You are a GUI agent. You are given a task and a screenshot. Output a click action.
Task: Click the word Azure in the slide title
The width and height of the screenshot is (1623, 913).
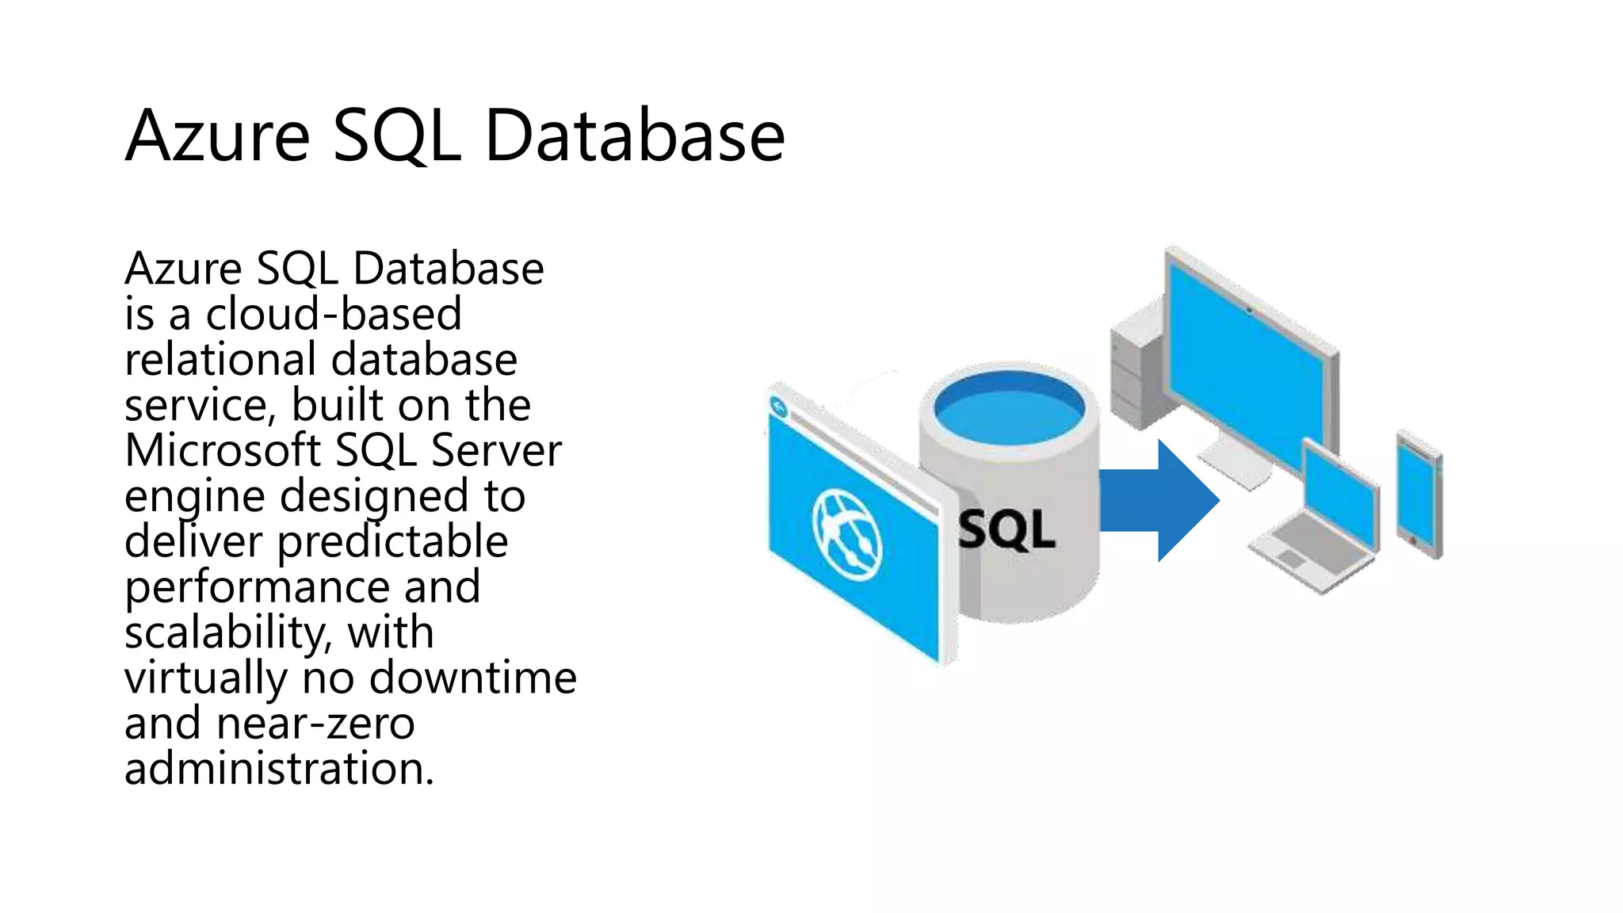[x=216, y=136]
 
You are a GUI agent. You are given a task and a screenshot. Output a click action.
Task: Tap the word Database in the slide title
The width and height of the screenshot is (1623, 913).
[x=634, y=136]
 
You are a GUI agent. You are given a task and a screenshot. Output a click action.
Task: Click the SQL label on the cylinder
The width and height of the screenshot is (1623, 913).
[x=1006, y=529]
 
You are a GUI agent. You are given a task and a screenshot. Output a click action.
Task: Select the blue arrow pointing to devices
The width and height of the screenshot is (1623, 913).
[x=1157, y=500]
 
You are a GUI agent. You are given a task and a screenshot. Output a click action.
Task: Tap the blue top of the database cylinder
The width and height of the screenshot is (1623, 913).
[x=1008, y=409]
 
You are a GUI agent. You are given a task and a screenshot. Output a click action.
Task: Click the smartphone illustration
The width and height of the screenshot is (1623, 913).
[x=1418, y=495]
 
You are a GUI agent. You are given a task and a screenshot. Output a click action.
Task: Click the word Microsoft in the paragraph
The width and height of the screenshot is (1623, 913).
[x=223, y=450]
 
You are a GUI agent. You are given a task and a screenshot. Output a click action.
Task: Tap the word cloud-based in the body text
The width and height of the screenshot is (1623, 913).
[x=334, y=314]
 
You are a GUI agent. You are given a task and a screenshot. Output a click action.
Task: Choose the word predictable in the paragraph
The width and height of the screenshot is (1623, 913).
[x=392, y=542]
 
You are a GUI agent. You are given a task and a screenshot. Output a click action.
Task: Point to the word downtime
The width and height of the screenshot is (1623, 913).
[x=472, y=678]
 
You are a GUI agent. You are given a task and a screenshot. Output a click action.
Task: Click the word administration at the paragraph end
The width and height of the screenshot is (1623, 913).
[x=278, y=769]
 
